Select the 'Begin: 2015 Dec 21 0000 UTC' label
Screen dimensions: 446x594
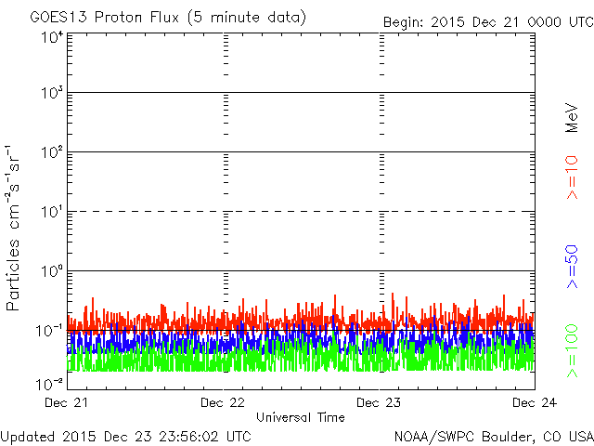point(486,20)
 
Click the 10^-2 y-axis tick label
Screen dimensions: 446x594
point(51,383)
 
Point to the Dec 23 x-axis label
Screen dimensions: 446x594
point(379,403)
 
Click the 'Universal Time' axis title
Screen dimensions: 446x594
point(301,417)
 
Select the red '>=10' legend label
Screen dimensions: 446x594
point(572,177)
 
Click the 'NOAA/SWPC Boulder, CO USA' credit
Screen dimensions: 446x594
point(493,435)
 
